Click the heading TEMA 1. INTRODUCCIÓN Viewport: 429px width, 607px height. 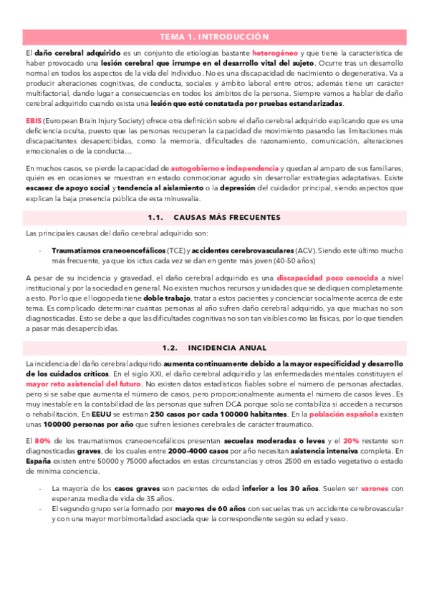[214, 37]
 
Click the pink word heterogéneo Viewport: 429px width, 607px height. [275, 53]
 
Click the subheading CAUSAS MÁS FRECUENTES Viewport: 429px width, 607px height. [227, 217]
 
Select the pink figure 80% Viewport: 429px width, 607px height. [42, 441]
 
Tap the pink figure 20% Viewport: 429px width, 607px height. [352, 441]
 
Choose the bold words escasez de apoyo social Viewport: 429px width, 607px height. [69, 188]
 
